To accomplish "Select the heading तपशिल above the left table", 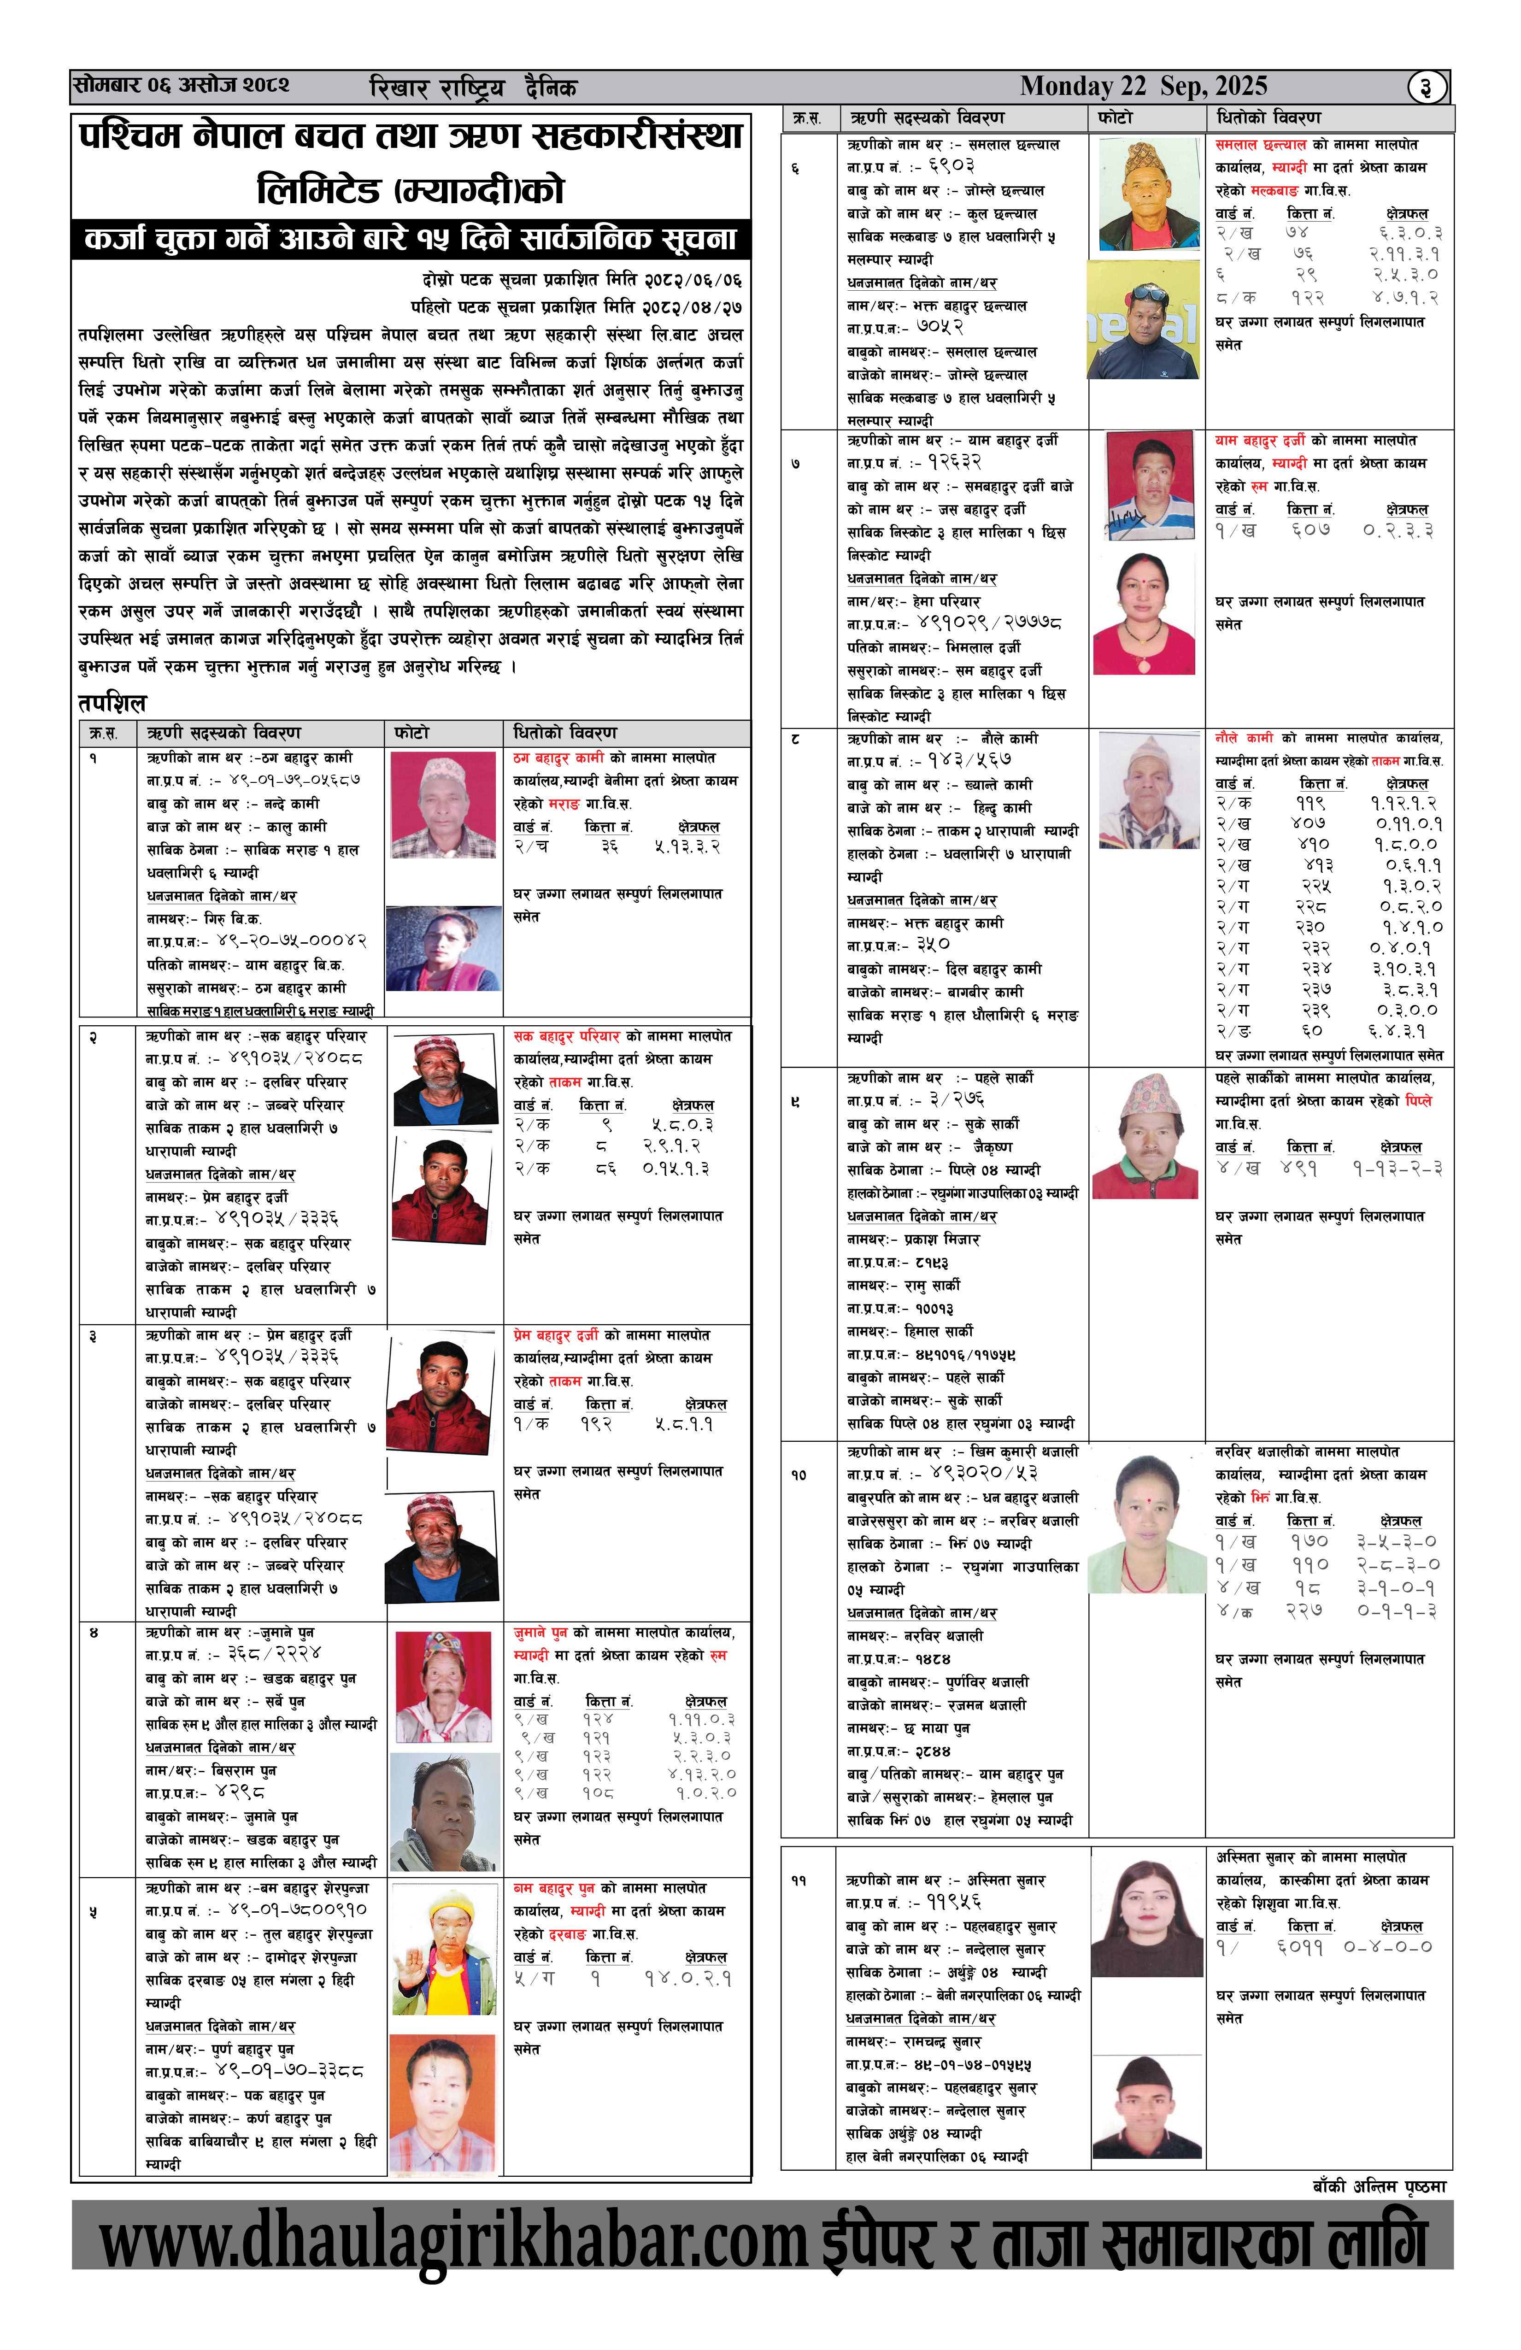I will pos(112,703).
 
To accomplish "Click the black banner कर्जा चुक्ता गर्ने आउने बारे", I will pos(411,239).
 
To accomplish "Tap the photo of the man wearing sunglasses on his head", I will pos(1144,321).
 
